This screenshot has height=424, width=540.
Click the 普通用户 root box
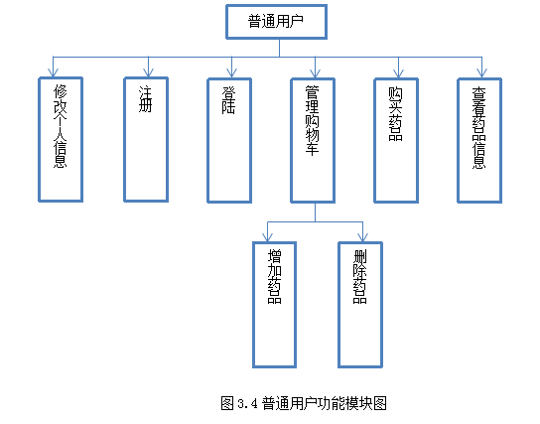(276, 22)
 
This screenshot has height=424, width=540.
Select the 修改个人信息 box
(61, 139)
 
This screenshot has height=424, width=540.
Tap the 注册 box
(146, 139)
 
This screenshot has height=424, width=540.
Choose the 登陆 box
(229, 140)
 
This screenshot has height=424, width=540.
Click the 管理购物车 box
(313, 140)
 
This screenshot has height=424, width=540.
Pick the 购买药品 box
(396, 140)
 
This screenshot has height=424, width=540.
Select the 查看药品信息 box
(479, 140)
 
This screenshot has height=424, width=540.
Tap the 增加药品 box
(275, 305)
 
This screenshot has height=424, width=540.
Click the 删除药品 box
(360, 305)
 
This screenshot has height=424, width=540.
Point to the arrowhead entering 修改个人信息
(53, 72)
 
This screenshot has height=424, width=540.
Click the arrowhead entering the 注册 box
(149, 72)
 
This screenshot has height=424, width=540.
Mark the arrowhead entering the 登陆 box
(231, 73)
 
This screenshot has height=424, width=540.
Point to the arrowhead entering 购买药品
(398, 73)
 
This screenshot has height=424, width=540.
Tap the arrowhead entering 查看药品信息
(481, 73)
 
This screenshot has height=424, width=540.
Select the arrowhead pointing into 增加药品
(268, 237)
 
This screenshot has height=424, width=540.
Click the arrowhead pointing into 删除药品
(362, 237)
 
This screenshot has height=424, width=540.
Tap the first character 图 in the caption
(227, 403)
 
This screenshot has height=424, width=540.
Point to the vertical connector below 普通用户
(279, 48)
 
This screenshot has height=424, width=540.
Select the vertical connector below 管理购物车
(315, 212)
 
